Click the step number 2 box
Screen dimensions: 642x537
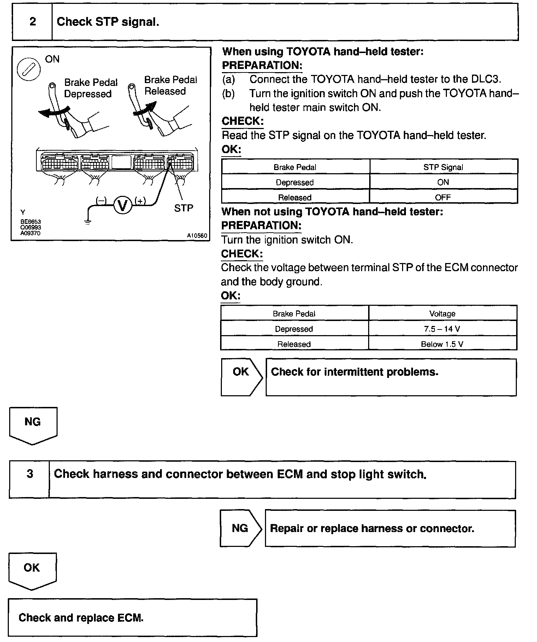pyautogui.click(x=33, y=22)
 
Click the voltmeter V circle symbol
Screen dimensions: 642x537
pyautogui.click(x=122, y=205)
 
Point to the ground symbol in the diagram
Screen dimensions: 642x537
pyautogui.click(x=87, y=222)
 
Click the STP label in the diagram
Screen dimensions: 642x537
pyautogui.click(x=183, y=208)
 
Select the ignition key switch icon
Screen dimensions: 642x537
pyautogui.click(x=29, y=69)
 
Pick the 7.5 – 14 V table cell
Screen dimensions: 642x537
pyautogui.click(x=442, y=329)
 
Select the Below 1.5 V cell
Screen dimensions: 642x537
pyautogui.click(x=442, y=344)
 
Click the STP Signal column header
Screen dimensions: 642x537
pyautogui.click(x=443, y=167)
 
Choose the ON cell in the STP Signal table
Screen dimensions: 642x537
pyautogui.click(x=443, y=182)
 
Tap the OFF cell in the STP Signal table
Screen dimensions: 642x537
pyautogui.click(x=443, y=197)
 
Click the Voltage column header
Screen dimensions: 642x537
pyautogui.click(x=442, y=314)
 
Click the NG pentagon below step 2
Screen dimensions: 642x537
pyautogui.click(x=33, y=424)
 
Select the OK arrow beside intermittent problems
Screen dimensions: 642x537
pyautogui.click(x=241, y=377)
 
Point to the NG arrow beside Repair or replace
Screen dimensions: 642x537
pyautogui.click(x=241, y=528)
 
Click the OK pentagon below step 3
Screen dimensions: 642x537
pyautogui.click(x=32, y=570)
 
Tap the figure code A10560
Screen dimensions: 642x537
pyautogui.click(x=197, y=235)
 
